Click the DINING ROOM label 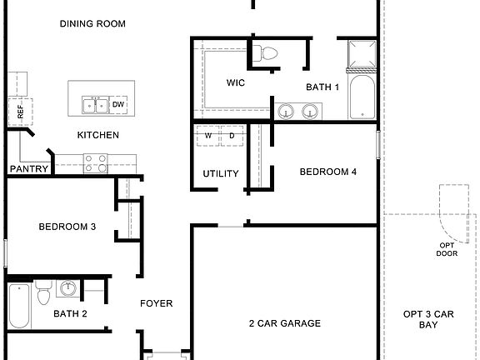click(92, 24)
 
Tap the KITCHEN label click(98, 135)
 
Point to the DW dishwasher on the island click(118, 104)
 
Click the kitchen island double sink click(94, 104)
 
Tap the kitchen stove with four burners click(95, 163)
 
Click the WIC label click(235, 83)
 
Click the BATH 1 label click(322, 87)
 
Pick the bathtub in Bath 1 click(362, 99)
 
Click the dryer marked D click(232, 135)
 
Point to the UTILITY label click(221, 174)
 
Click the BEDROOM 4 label click(328, 172)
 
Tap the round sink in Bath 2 click(69, 290)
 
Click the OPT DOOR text click(447, 250)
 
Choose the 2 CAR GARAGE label click(284, 323)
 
